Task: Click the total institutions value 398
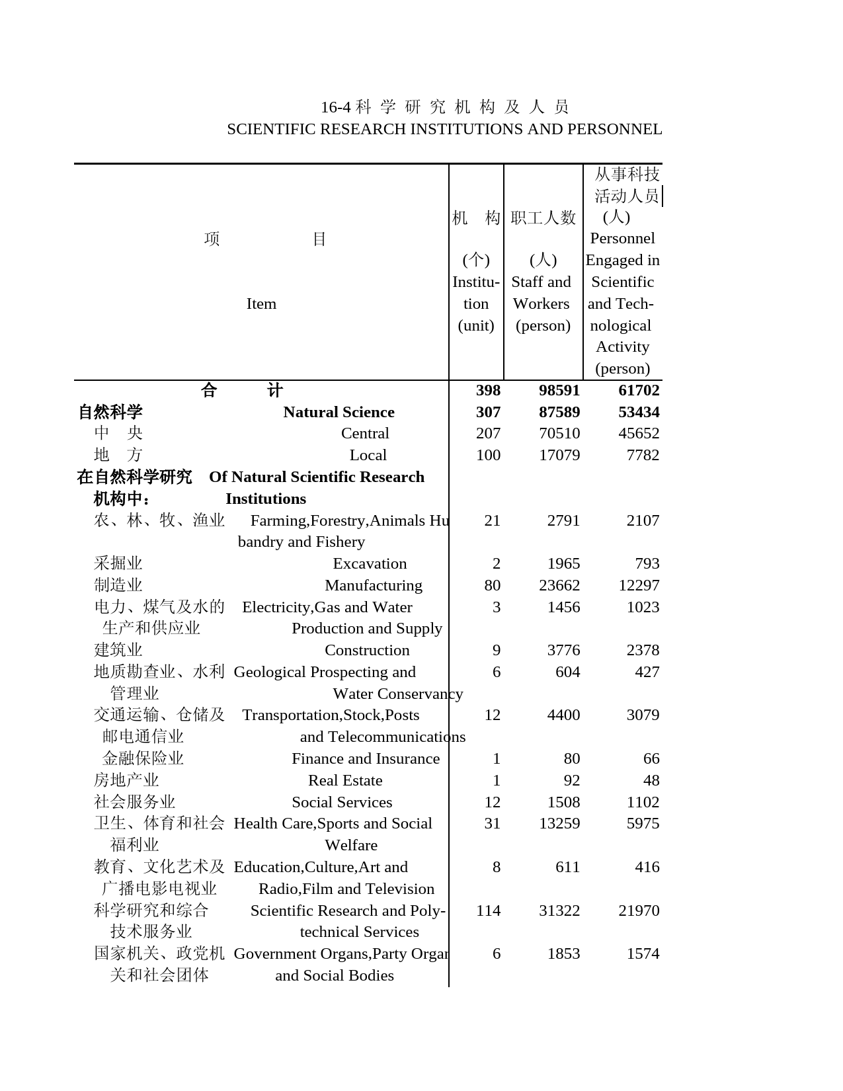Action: click(x=488, y=391)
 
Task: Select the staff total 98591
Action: click(x=559, y=391)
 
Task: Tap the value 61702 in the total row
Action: click(x=638, y=391)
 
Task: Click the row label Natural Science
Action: click(x=339, y=413)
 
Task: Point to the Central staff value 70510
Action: click(x=559, y=434)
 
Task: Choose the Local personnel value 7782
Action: click(x=642, y=456)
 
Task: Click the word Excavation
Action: click(x=370, y=564)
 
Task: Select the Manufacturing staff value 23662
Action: click(x=559, y=586)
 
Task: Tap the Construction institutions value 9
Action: click(x=496, y=651)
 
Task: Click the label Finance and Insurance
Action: click(x=366, y=759)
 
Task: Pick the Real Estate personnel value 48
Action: click(x=651, y=781)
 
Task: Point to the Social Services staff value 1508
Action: click(x=563, y=803)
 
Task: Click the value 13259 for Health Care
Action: click(x=559, y=824)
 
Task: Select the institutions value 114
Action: click(x=488, y=911)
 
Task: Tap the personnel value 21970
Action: click(x=638, y=911)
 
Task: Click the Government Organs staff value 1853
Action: click(x=563, y=954)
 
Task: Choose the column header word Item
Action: click(x=261, y=304)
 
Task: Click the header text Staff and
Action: click(x=541, y=282)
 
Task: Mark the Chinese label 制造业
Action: click(x=118, y=586)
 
